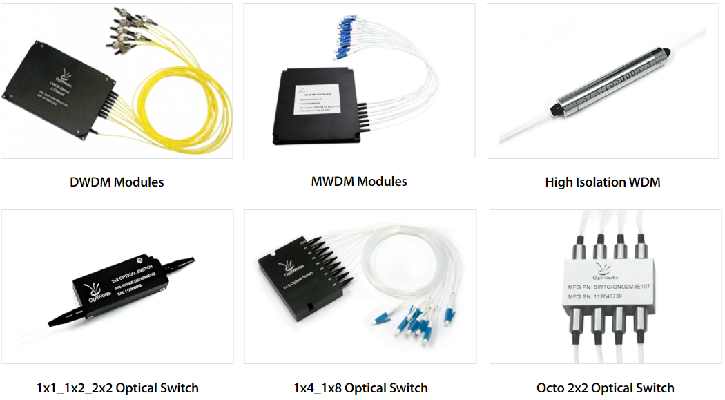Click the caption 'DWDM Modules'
[117, 182]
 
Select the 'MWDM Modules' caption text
[359, 182]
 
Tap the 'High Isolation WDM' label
[603, 182]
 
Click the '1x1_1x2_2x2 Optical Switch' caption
[117, 388]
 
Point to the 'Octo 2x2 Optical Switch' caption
[605, 388]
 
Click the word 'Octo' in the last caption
[550, 388]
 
